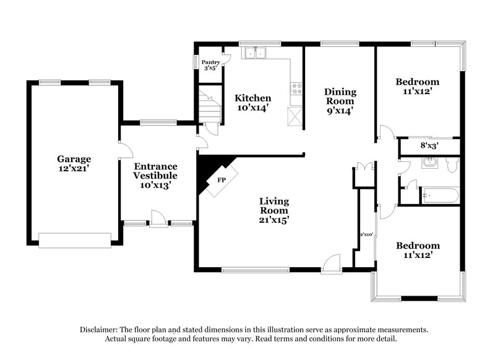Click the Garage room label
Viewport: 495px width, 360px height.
click(74, 163)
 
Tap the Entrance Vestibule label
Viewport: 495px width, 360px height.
click(156, 175)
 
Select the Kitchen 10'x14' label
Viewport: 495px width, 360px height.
click(252, 103)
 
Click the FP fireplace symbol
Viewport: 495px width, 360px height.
click(220, 180)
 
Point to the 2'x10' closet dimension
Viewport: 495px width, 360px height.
click(368, 234)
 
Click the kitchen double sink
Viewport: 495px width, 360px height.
click(255, 53)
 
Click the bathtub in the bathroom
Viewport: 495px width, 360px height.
click(440, 196)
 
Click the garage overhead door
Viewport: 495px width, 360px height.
click(74, 240)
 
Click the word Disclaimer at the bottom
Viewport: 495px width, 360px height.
click(100, 330)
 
